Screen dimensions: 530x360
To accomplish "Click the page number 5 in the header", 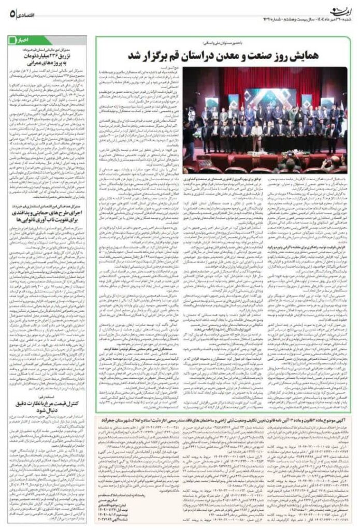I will (x=11, y=13).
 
